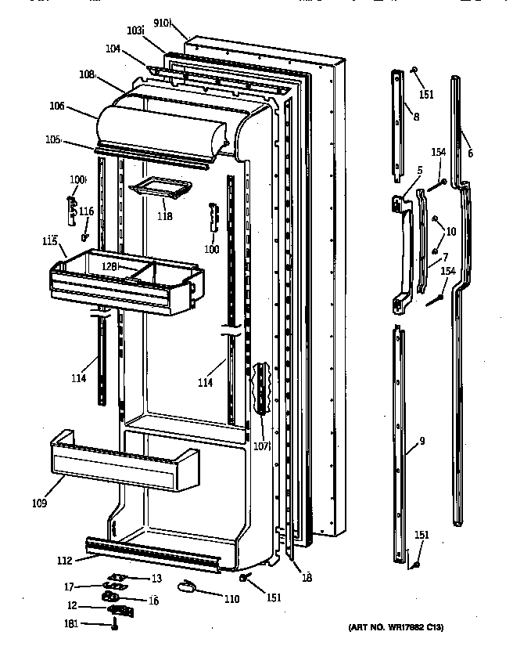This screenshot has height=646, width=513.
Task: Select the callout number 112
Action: [65, 560]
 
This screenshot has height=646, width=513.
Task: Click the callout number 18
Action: [307, 578]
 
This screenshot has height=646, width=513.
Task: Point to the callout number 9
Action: [422, 441]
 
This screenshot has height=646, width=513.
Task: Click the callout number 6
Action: [469, 153]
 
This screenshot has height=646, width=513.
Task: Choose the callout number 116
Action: [86, 211]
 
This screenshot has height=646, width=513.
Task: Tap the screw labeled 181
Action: [116, 624]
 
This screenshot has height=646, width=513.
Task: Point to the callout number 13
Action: [156, 578]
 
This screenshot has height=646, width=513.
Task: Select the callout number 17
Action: [69, 586]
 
